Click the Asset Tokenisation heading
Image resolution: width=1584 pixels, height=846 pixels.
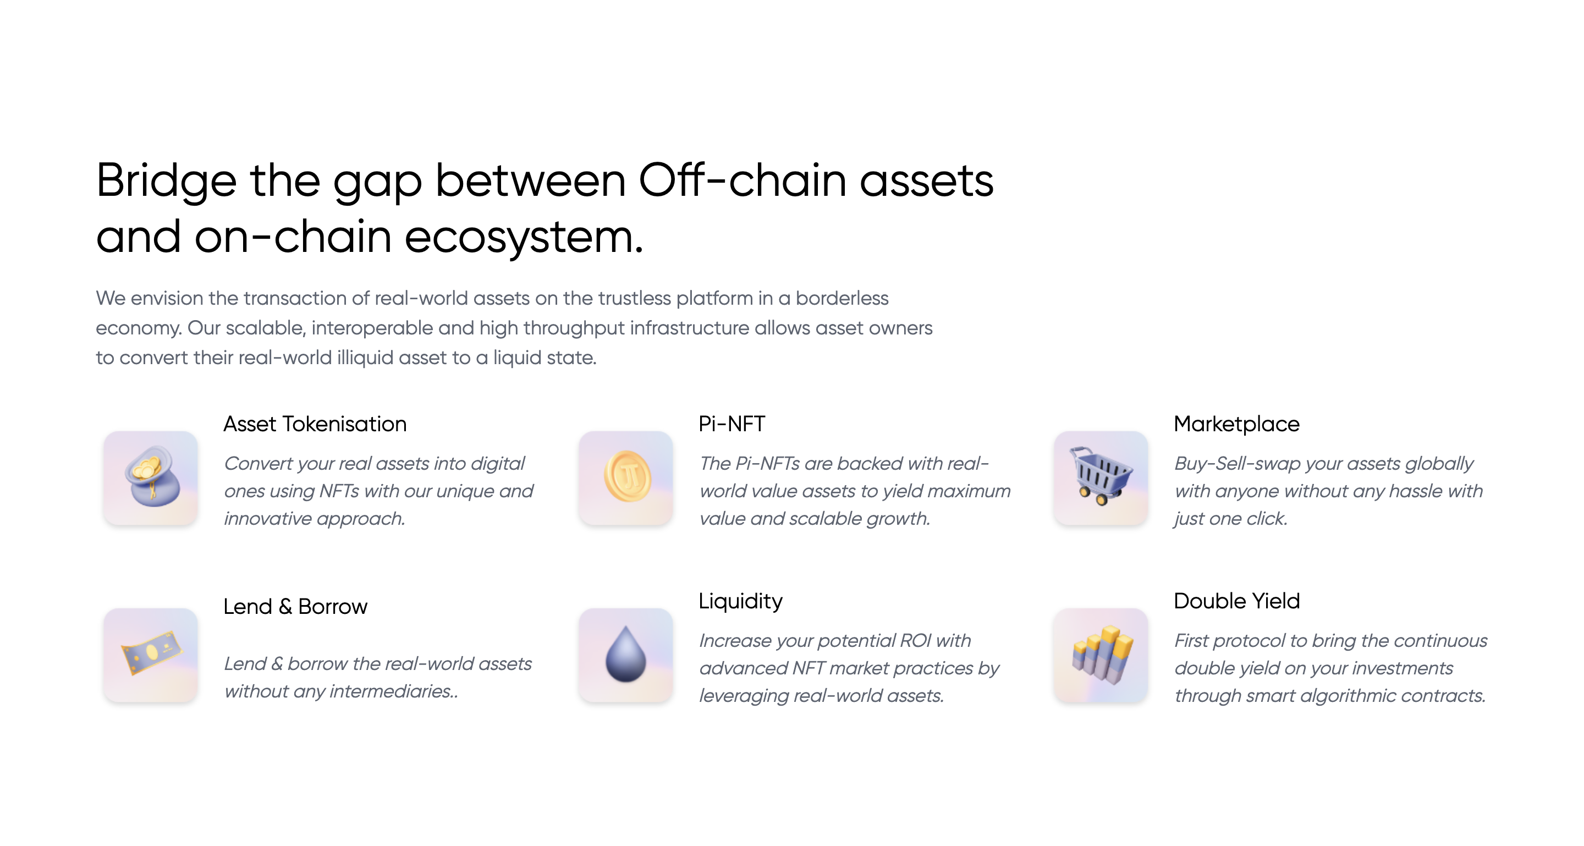[x=315, y=424]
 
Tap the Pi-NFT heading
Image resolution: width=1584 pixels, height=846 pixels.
[x=731, y=424]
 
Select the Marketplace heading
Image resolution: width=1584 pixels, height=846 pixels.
[x=1236, y=424]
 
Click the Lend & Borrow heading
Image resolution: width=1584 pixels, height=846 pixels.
[x=295, y=607]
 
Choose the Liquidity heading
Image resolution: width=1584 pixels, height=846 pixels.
[x=740, y=601]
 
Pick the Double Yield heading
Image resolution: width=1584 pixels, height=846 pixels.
[x=1236, y=601]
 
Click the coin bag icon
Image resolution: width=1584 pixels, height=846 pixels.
[x=151, y=477]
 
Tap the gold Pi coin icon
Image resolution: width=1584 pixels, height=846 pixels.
[x=626, y=477]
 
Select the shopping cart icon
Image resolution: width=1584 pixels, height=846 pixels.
[x=1101, y=477]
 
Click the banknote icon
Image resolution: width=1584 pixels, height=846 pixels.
[x=151, y=655]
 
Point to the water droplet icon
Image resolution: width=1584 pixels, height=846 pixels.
[x=626, y=655]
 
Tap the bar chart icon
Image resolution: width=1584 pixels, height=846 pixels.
[x=1101, y=655]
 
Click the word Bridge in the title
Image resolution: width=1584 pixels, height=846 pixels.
[x=166, y=182]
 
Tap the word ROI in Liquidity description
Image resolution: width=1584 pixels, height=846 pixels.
[x=915, y=641]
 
